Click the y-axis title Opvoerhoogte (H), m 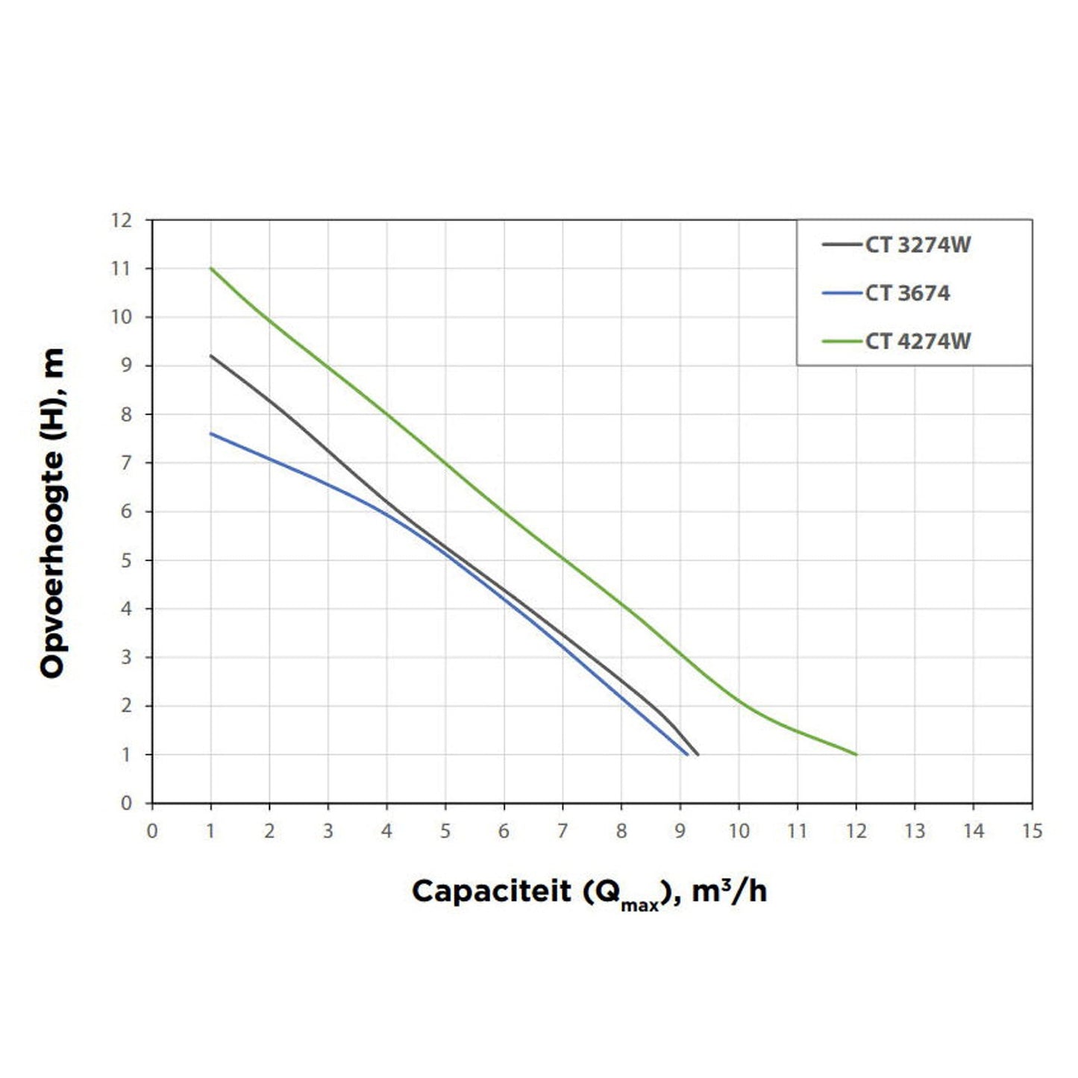pyautogui.click(x=52, y=513)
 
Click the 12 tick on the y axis pyautogui.click(x=121, y=221)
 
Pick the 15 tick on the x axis pyautogui.click(x=1032, y=831)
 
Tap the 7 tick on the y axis pyautogui.click(x=126, y=463)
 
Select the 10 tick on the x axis pyautogui.click(x=739, y=831)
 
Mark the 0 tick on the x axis pyautogui.click(x=152, y=831)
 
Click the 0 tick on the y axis pyautogui.click(x=126, y=803)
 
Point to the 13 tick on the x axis pyautogui.click(x=915, y=831)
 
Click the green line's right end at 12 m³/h pyautogui.click(x=856, y=754)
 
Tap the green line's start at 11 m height pyautogui.click(x=211, y=269)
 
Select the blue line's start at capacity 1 pyautogui.click(x=211, y=433)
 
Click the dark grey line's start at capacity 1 pyautogui.click(x=211, y=356)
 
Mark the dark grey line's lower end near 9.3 pyautogui.click(x=698, y=754)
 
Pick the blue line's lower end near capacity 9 pyautogui.click(x=687, y=754)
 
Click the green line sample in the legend pyautogui.click(x=842, y=342)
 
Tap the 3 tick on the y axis pyautogui.click(x=126, y=657)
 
